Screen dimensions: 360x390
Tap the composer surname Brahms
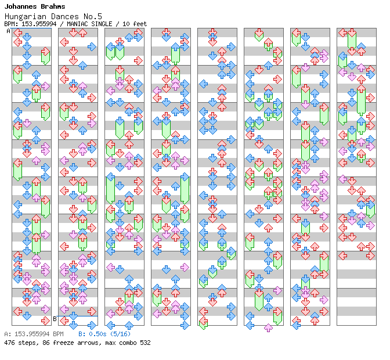[x=53, y=6]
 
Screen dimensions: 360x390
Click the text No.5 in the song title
[x=92, y=16]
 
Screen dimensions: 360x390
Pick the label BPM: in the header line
[x=12, y=24]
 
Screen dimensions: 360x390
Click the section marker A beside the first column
[x=9, y=31]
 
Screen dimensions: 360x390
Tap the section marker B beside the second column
[x=55, y=319]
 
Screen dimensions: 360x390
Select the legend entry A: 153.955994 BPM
[x=34, y=334]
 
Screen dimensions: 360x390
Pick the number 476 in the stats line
[x=9, y=343]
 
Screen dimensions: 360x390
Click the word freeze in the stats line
[x=63, y=343]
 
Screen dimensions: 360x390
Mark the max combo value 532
[x=145, y=343]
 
